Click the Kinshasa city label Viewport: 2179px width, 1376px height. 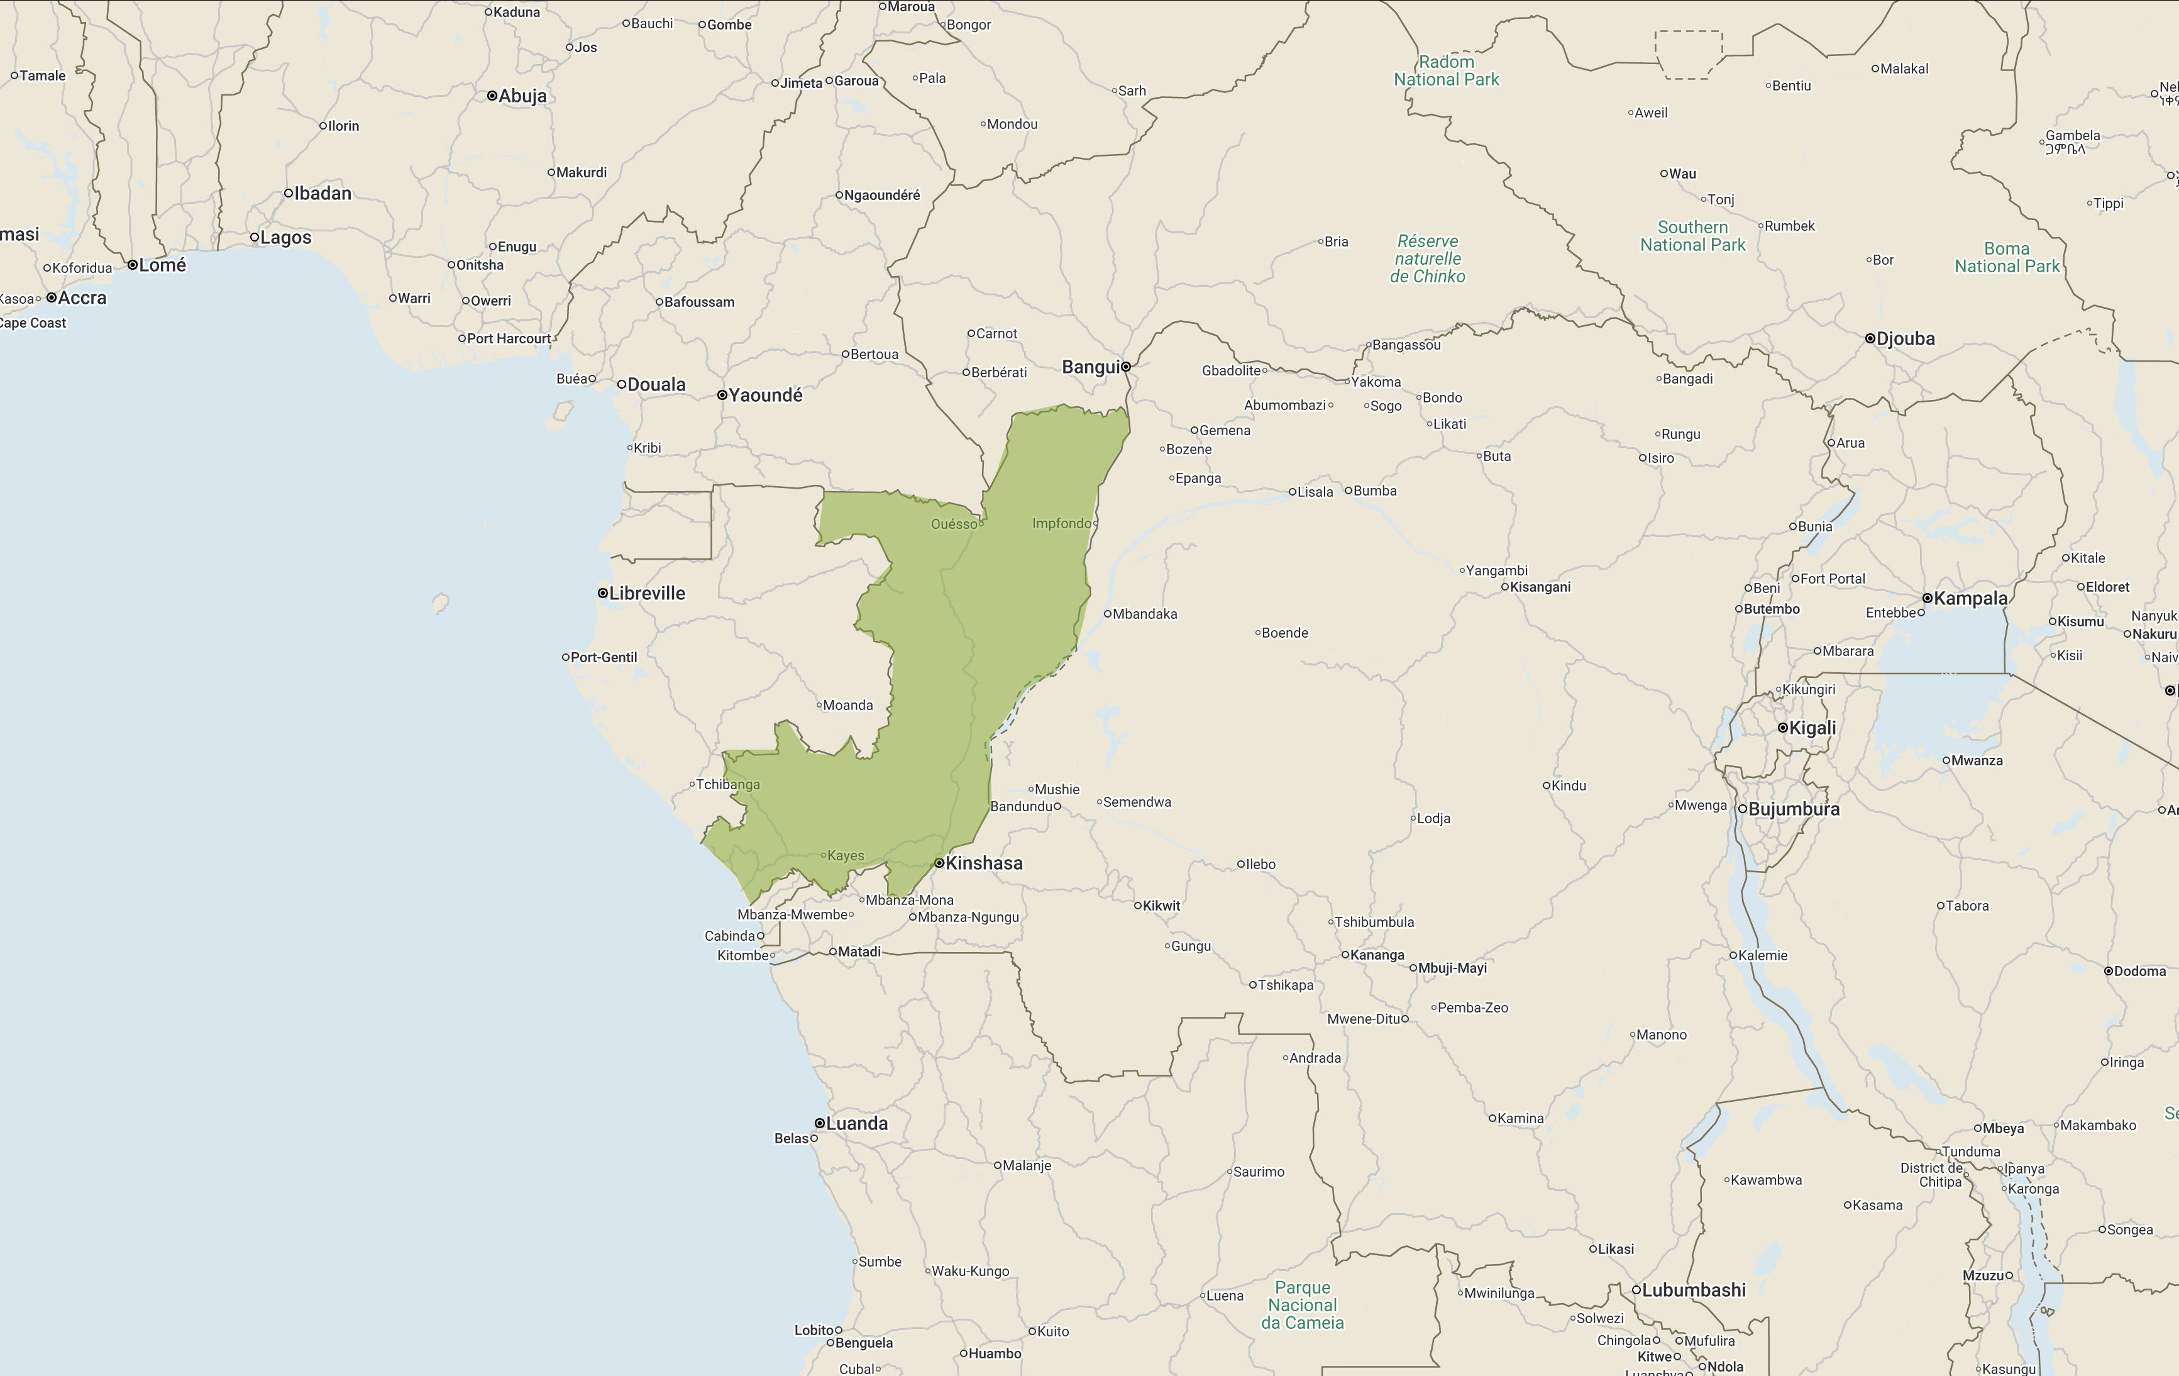pos(984,863)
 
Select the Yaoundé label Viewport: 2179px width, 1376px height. pos(766,395)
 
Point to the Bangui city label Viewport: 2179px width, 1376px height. pos(1090,367)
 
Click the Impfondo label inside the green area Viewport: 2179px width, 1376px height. pos(1061,523)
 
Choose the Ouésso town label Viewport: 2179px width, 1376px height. pos(954,524)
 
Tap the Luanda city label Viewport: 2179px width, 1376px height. pos(856,1123)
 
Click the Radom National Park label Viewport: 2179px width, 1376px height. pos(1446,70)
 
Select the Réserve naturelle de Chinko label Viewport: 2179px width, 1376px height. pos(1427,259)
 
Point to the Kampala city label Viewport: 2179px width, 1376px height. pos(1970,598)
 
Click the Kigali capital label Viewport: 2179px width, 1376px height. pos(1812,728)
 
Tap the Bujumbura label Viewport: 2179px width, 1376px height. pos(1794,809)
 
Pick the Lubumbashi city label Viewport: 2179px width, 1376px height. pos(1693,1290)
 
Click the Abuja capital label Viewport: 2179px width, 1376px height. pos(522,96)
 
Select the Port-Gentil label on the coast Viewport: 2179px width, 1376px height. pos(604,657)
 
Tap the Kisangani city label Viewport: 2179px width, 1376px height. pos(1540,587)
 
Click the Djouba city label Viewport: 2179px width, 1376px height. pos(1905,338)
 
